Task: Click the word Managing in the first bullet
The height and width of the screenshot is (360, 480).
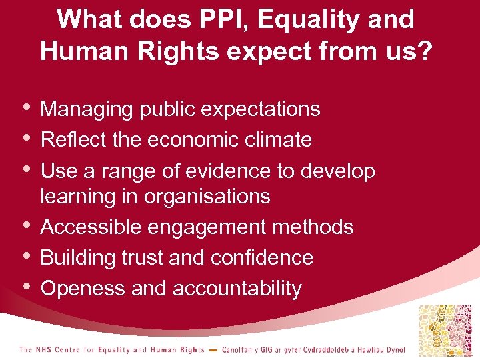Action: [x=87, y=109]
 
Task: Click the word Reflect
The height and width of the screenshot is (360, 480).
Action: [x=67, y=139]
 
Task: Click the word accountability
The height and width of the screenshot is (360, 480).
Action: [x=237, y=289]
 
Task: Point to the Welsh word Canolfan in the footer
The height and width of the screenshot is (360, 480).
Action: [x=238, y=349]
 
